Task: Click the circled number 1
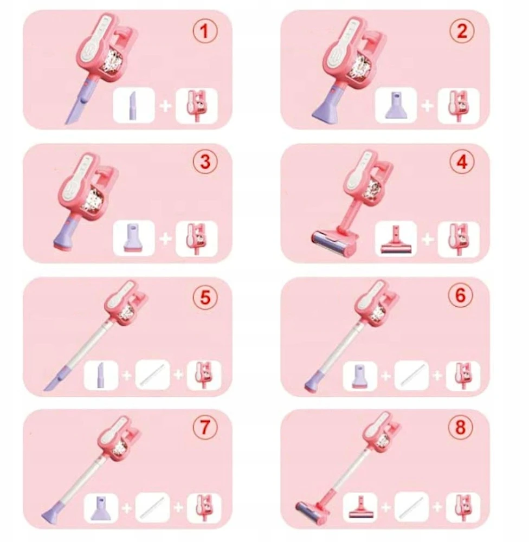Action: tap(205, 31)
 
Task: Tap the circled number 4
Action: tap(462, 162)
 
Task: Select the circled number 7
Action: tap(205, 427)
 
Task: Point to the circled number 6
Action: tap(461, 296)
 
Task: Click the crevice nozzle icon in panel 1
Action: tap(134, 106)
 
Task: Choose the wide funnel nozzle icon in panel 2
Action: tap(396, 106)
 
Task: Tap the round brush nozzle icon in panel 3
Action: tap(134, 238)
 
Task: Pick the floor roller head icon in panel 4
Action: tap(396, 239)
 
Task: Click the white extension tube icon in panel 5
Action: tap(152, 375)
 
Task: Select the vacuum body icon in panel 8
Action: tap(463, 508)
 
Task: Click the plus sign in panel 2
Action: tap(427, 106)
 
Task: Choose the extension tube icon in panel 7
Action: tap(152, 508)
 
